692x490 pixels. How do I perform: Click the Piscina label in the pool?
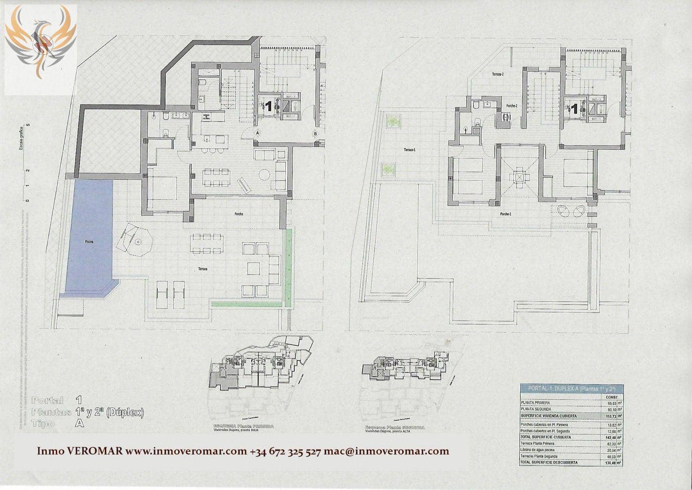coord(89,242)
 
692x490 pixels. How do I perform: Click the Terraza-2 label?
coord(498,74)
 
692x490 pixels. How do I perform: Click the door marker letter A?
coord(258,133)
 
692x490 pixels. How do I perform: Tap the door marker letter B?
coord(315,134)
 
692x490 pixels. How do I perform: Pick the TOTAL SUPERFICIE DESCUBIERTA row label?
coord(549,463)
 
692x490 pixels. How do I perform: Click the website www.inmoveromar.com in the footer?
coord(185,451)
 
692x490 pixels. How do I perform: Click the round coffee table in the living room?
coord(264,174)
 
